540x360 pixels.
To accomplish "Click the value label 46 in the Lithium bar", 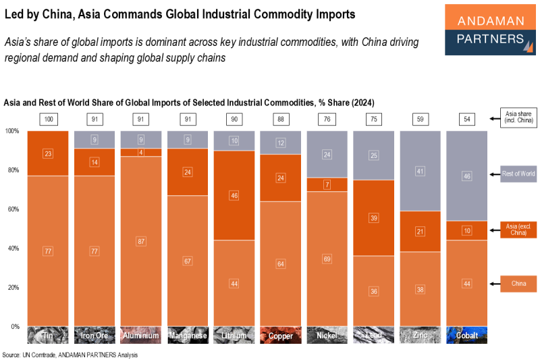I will tap(234, 195).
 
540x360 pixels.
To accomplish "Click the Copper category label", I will tap(280, 335).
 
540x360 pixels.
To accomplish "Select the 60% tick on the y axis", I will tap(12, 209).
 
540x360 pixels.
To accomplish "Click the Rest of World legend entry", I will tap(518, 174).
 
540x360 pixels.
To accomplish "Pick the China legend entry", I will tap(518, 284).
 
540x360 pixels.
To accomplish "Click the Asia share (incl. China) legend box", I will tap(518, 118).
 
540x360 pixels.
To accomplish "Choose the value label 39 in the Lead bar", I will tap(373, 217).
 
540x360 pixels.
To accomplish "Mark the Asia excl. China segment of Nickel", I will tap(327, 184).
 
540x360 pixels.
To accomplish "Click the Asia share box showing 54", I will tap(466, 120).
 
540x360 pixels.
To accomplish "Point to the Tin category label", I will tap(47, 335).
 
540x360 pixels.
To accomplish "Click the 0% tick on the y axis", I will tap(14, 327).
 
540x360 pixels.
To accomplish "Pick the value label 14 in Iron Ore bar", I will tap(94, 162).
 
